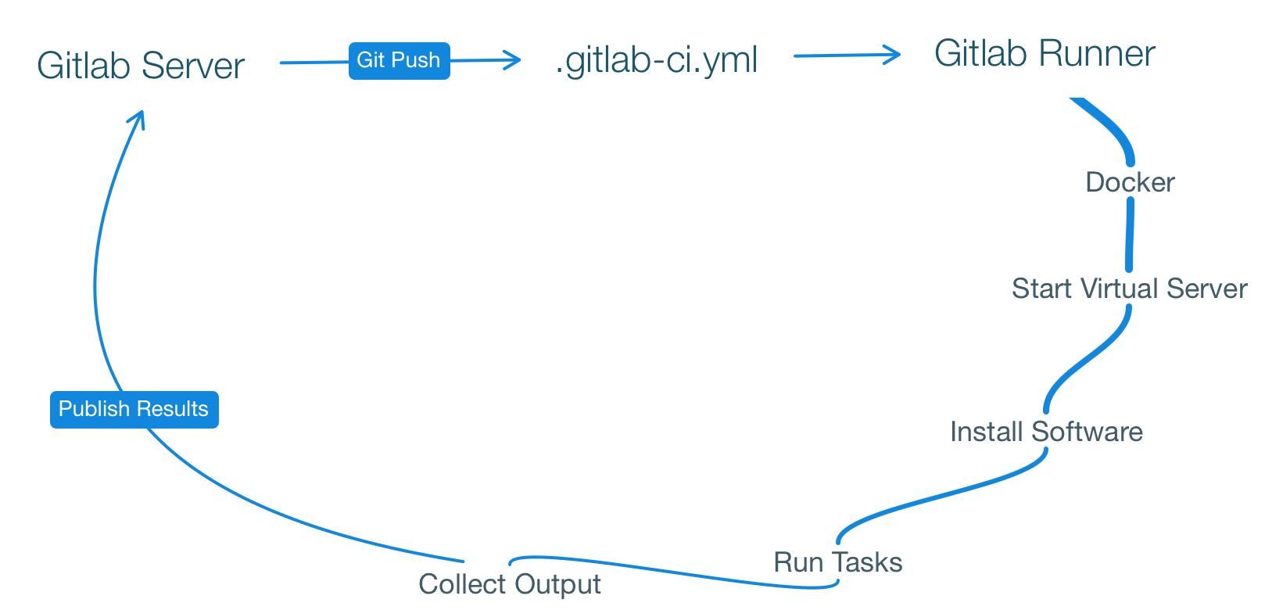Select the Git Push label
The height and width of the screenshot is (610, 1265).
click(x=398, y=60)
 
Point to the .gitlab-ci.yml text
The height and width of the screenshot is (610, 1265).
click(x=657, y=60)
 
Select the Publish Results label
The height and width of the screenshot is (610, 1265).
click(x=134, y=409)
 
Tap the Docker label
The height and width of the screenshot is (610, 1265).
click(x=1128, y=182)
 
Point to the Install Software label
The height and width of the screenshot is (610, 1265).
click(x=1047, y=431)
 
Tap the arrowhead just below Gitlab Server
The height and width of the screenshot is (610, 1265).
click(x=138, y=119)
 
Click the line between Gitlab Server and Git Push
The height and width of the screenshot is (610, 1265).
click(x=313, y=63)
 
